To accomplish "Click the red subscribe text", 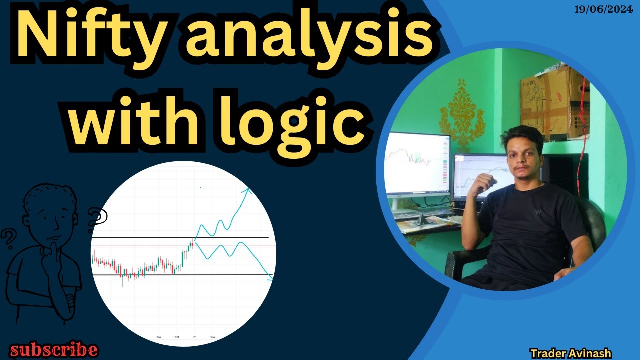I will (x=54, y=349).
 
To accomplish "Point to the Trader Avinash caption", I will (x=571, y=353).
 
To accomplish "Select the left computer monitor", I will (x=417, y=162).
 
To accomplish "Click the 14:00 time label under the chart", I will (x=159, y=337).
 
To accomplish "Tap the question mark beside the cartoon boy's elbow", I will (x=8, y=239).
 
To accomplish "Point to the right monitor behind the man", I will (x=477, y=175).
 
